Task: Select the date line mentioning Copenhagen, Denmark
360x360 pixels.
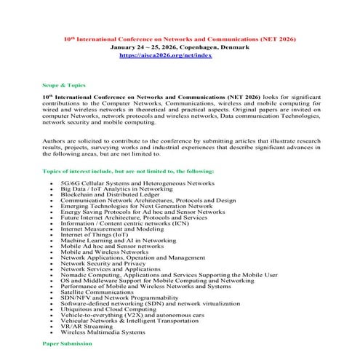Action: coord(180,47)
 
